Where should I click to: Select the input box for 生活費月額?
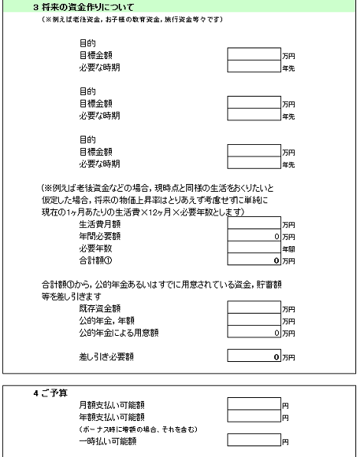coord(254,224)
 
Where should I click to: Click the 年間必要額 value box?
coord(254,236)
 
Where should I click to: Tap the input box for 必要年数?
coord(254,248)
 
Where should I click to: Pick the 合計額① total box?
coord(254,261)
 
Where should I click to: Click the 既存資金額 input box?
coord(254,308)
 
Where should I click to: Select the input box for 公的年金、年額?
coord(254,321)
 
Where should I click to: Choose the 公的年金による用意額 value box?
coord(254,333)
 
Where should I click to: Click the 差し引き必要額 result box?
coord(254,357)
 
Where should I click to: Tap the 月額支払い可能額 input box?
coord(254,404)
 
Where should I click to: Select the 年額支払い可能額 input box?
coord(254,416)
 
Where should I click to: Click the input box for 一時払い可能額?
coord(254,441)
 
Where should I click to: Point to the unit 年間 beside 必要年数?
coord(289,249)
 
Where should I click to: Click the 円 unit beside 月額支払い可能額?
coord(285,405)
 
